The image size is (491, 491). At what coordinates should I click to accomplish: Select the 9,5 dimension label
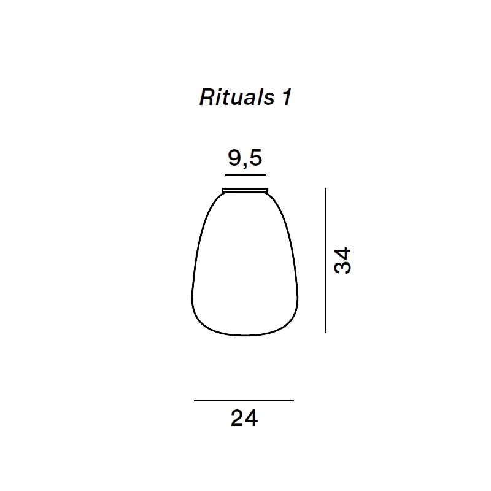[x=245, y=158]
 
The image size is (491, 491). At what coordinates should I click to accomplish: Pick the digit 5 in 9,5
[x=255, y=158]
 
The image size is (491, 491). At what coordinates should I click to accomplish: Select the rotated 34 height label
[x=342, y=260]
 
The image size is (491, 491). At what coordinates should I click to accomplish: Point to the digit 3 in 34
[x=342, y=268]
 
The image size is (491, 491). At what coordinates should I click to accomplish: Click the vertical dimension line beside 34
[x=325, y=260]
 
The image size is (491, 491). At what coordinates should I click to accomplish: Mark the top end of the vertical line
[x=325, y=189]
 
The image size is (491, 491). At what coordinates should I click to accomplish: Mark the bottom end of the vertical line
[x=325, y=332]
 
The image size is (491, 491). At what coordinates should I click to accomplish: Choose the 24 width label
[x=244, y=419]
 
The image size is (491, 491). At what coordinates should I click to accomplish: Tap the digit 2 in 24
[x=238, y=419]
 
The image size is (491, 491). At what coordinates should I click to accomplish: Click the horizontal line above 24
[x=244, y=401]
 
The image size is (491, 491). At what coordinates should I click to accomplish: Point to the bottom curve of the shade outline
[x=245, y=335]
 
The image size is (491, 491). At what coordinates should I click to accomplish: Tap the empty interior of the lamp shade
[x=245, y=264]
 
